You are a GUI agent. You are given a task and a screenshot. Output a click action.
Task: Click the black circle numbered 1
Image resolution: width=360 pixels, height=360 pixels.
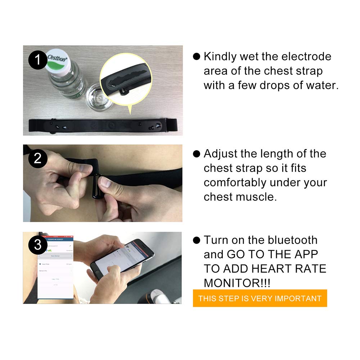[x=37, y=60]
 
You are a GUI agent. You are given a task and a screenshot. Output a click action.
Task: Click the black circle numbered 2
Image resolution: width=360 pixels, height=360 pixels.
[x=37, y=159]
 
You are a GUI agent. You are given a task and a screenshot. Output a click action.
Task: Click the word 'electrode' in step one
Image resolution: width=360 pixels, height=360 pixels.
[x=306, y=57]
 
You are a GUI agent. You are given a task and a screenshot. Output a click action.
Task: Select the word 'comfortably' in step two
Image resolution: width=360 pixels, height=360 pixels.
[x=235, y=183]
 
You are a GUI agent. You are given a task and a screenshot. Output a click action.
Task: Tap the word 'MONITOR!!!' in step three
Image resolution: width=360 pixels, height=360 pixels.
[x=237, y=283]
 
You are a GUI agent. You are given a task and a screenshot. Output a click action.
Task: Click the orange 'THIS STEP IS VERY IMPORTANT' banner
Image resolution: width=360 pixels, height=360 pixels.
[x=260, y=298]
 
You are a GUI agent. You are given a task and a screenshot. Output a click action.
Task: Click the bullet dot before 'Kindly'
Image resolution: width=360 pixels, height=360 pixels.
[x=196, y=57]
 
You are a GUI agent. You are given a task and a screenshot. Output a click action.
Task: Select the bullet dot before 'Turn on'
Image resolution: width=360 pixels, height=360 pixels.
[x=196, y=240]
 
